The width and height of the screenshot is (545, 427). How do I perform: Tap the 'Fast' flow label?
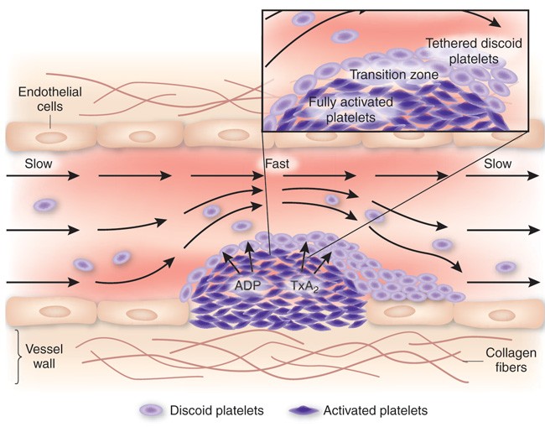click(x=277, y=163)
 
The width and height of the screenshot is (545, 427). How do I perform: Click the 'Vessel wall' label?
click(x=42, y=354)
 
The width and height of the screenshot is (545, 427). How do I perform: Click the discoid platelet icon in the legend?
click(x=153, y=410)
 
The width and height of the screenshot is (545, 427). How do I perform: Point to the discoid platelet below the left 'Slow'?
click(x=44, y=204)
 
